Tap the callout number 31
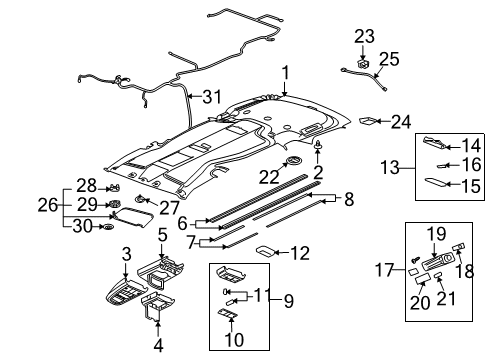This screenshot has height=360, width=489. (208, 97)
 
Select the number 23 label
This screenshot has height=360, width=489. (363, 36)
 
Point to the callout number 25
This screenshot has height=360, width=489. (389, 57)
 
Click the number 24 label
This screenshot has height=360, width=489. (402, 122)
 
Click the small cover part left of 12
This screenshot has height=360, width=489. (267, 250)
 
